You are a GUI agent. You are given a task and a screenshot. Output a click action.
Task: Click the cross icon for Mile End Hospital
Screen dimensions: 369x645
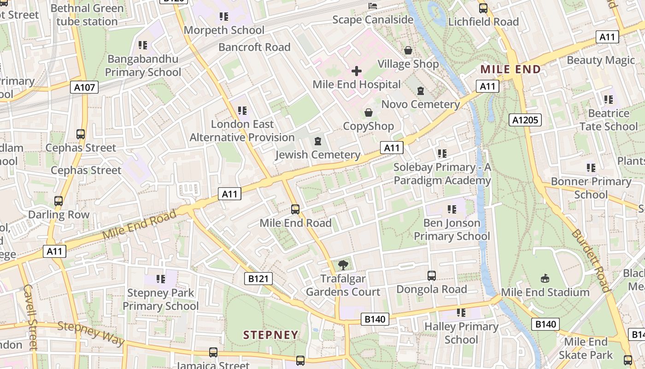coord(357,71)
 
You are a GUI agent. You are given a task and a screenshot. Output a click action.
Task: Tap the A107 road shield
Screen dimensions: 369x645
coord(84,87)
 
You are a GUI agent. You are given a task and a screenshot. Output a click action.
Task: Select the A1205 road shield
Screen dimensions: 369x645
coord(525,120)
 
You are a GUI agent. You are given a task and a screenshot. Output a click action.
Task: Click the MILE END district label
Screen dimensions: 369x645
coord(510,70)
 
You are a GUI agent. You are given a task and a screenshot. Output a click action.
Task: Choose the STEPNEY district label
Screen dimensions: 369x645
coord(270,335)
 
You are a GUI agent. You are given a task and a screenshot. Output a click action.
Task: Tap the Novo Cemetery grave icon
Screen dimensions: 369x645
coord(420,91)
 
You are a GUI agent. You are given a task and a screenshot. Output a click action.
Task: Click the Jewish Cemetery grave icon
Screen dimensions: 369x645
coord(317,141)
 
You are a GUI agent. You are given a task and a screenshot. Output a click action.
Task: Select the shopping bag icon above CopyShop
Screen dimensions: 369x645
coord(369,113)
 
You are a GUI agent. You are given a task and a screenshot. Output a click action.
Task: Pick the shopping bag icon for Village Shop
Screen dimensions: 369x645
coord(408,50)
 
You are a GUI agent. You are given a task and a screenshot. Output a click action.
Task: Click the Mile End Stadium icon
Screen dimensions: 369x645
coord(545,278)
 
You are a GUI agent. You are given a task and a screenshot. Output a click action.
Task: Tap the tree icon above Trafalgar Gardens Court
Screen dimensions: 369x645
coord(343,265)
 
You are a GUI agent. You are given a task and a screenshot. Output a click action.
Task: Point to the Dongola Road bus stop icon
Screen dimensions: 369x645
coord(432,276)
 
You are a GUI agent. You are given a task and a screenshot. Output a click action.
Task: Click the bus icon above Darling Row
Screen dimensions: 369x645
coord(59,201)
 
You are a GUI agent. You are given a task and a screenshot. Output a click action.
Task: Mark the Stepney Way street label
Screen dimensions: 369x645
coord(91,333)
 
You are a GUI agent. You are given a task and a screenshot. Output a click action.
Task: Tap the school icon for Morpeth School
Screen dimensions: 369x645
coord(224,17)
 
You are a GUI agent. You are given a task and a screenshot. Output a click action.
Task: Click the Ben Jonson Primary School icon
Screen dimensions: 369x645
coord(451,209)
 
